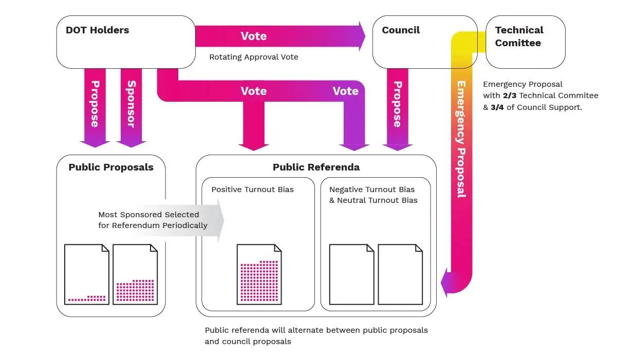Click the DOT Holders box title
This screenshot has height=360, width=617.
[97, 30]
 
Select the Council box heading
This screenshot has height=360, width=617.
[401, 30]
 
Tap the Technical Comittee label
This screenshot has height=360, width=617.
[518, 36]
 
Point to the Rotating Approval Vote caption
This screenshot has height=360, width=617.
[253, 57]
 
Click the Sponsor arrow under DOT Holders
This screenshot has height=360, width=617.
[131, 105]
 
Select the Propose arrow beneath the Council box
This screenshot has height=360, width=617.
[397, 105]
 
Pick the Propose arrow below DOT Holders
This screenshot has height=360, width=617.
[95, 105]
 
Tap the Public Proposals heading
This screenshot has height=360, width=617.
[111, 167]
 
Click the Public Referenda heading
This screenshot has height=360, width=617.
[316, 167]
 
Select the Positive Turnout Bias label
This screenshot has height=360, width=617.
[252, 190]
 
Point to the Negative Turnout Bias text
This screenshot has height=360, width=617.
[371, 190]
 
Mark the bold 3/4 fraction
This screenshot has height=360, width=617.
[497, 107]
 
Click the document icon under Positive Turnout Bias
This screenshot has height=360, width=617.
[259, 274]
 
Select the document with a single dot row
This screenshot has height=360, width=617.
[87, 274]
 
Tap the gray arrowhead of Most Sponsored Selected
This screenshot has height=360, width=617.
[221, 220]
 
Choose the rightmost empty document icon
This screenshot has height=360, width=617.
[400, 274]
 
